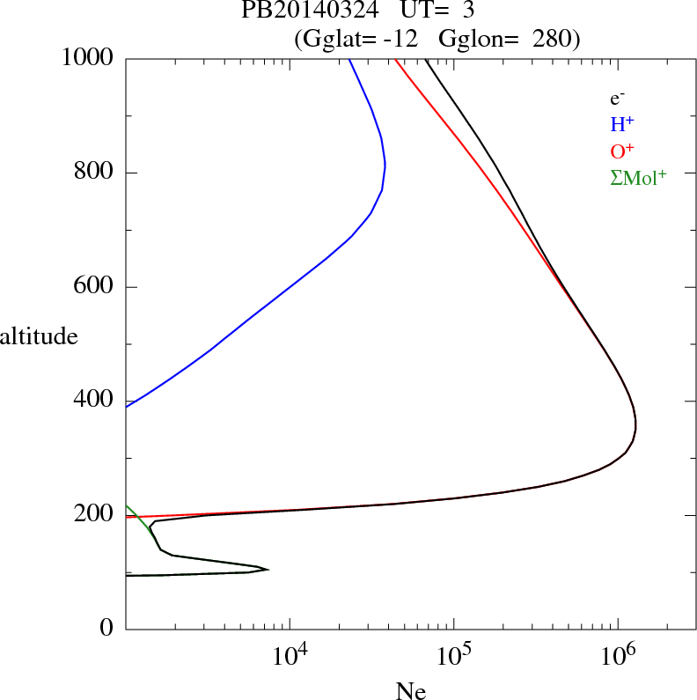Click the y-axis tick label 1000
tap(88, 58)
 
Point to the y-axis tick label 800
tap(95, 173)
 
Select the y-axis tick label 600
tap(95, 287)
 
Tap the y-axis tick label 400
tap(95, 401)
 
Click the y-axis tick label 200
tap(95, 514)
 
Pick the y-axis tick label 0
tap(106, 629)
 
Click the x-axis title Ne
tap(410, 692)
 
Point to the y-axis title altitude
tap(39, 335)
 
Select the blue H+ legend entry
tap(622, 125)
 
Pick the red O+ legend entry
tap(623, 151)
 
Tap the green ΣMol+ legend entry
tap(638, 177)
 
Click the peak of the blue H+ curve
tap(385, 165)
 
